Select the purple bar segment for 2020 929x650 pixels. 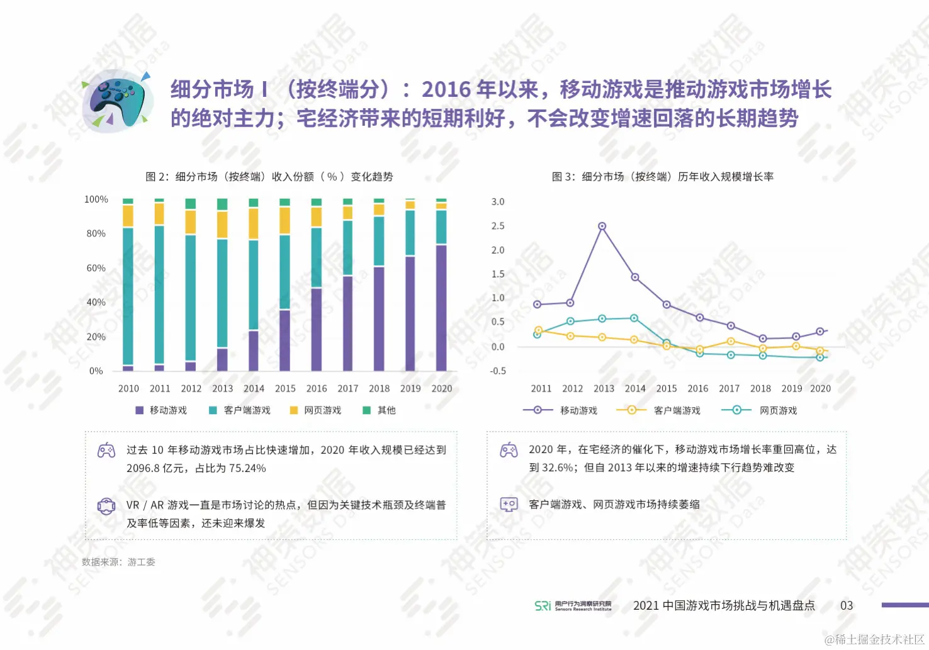(x=441, y=307)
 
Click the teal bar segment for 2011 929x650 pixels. (x=159, y=294)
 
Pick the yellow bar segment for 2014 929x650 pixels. (x=254, y=223)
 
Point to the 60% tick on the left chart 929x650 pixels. (x=96, y=268)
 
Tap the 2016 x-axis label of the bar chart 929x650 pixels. (x=317, y=389)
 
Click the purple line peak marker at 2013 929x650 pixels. (x=602, y=226)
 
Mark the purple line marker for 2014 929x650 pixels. (x=635, y=277)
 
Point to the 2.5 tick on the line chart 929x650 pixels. (x=498, y=226)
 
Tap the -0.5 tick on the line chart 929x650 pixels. (x=498, y=371)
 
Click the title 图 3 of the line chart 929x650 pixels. (x=662, y=177)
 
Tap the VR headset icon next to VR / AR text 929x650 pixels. (x=106, y=506)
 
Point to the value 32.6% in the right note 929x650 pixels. (x=556, y=468)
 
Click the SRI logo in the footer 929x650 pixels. (x=543, y=605)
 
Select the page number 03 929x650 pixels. (x=847, y=605)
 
